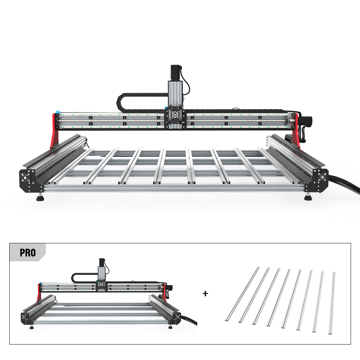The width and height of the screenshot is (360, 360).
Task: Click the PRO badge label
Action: (x=28, y=253)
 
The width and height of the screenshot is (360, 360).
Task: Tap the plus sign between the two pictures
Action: (x=205, y=293)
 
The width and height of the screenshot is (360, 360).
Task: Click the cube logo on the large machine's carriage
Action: (x=175, y=114)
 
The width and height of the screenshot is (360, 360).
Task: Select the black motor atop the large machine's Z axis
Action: (x=176, y=73)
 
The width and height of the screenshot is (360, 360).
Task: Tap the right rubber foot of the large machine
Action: (x=308, y=197)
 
